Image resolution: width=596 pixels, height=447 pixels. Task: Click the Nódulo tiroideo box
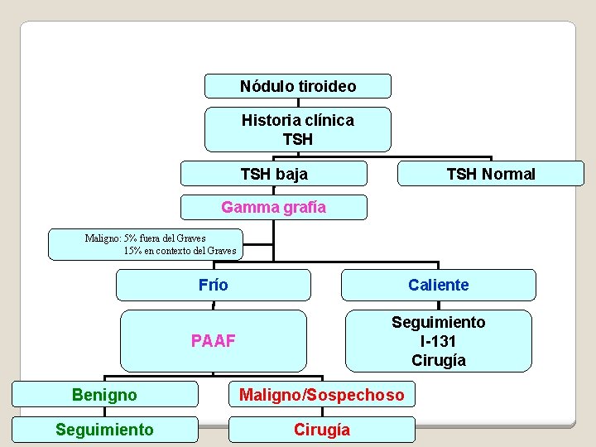(x=298, y=86)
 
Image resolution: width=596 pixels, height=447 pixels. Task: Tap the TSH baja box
(x=274, y=174)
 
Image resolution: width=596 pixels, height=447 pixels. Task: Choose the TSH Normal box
(x=491, y=174)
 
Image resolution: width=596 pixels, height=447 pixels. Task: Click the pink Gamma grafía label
(x=274, y=207)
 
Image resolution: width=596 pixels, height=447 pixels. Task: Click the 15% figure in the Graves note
(x=132, y=251)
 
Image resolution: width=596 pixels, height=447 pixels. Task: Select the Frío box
(x=214, y=285)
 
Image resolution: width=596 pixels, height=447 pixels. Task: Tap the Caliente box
(x=439, y=285)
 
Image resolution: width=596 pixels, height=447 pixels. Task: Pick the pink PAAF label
(x=214, y=341)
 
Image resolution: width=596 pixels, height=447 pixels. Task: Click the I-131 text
(x=439, y=341)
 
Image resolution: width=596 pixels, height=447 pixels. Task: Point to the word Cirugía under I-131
(x=439, y=360)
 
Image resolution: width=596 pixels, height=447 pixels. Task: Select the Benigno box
(x=104, y=395)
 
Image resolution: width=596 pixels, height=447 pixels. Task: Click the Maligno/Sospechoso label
(x=322, y=395)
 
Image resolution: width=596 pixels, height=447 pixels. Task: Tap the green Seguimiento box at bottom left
(x=104, y=429)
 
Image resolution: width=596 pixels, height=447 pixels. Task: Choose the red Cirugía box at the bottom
(x=322, y=430)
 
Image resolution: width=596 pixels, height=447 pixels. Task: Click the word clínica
(x=330, y=120)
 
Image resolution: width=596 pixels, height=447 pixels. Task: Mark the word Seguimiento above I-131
(x=439, y=322)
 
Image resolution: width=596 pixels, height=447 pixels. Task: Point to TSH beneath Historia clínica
(x=298, y=139)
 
